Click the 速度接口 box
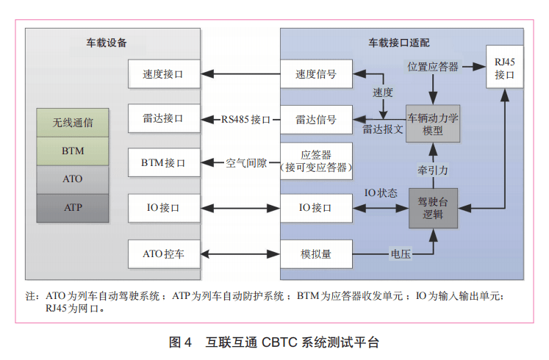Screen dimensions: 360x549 coord(163,73)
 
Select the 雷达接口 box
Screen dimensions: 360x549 coord(163,118)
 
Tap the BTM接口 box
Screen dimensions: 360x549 coord(163,163)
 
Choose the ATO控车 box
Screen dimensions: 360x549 coord(163,254)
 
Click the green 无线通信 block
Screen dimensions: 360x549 coord(73,122)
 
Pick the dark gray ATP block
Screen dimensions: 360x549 coord(73,207)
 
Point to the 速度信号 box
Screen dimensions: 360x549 coord(315,73)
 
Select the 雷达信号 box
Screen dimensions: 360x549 coord(315,119)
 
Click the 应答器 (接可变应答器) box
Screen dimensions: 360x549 coord(315,161)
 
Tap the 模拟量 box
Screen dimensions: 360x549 coord(315,254)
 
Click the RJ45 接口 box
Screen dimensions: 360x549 coord(504,68)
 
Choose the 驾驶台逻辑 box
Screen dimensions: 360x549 coord(433,207)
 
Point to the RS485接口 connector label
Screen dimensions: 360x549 coord(246,119)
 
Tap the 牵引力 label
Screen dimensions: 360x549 coord(433,169)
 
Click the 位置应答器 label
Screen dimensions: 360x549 coord(433,67)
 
